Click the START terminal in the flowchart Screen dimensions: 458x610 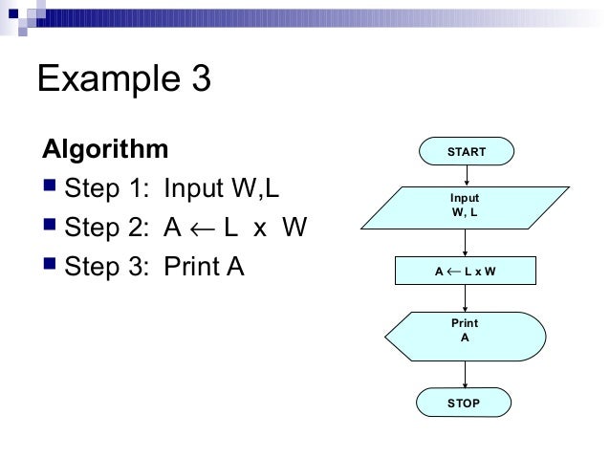tap(466, 152)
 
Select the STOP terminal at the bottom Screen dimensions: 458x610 tap(464, 403)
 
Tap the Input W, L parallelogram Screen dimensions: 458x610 tap(465, 206)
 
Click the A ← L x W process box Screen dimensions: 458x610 tap(465, 272)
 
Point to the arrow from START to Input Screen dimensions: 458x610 tap(466, 175)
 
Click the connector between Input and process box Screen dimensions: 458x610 tap(466, 242)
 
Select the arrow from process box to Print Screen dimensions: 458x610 tap(466, 297)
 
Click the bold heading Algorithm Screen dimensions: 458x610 tap(103, 150)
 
